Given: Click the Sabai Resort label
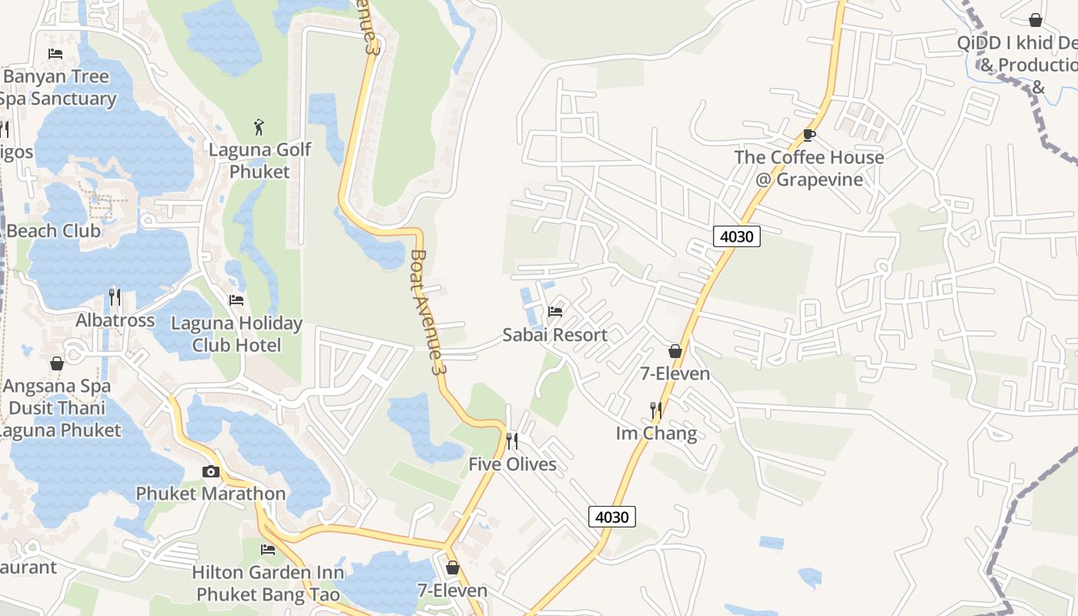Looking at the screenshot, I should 554,335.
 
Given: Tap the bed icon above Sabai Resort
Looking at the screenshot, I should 554,312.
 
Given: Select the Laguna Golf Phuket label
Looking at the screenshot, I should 259,160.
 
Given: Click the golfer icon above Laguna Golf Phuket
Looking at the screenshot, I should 259,126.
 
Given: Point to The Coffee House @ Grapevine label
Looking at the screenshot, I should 808,169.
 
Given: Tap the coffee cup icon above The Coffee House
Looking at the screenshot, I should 808,135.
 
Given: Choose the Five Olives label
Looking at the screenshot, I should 512,464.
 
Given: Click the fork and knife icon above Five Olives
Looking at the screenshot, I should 512,441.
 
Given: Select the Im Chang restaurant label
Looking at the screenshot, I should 656,434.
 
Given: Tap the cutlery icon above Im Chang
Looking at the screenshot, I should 656,410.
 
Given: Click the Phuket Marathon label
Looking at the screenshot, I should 210,494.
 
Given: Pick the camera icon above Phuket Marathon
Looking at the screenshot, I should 210,471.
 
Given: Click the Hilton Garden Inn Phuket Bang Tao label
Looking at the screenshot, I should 267,584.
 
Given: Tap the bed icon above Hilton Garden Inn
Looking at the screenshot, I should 267,550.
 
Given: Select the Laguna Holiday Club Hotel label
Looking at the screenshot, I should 236,334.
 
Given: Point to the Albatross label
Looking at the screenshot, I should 115,320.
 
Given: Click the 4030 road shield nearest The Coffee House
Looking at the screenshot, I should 736,236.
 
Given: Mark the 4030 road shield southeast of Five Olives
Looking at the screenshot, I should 612,517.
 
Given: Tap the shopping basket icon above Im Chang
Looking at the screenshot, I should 675,351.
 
